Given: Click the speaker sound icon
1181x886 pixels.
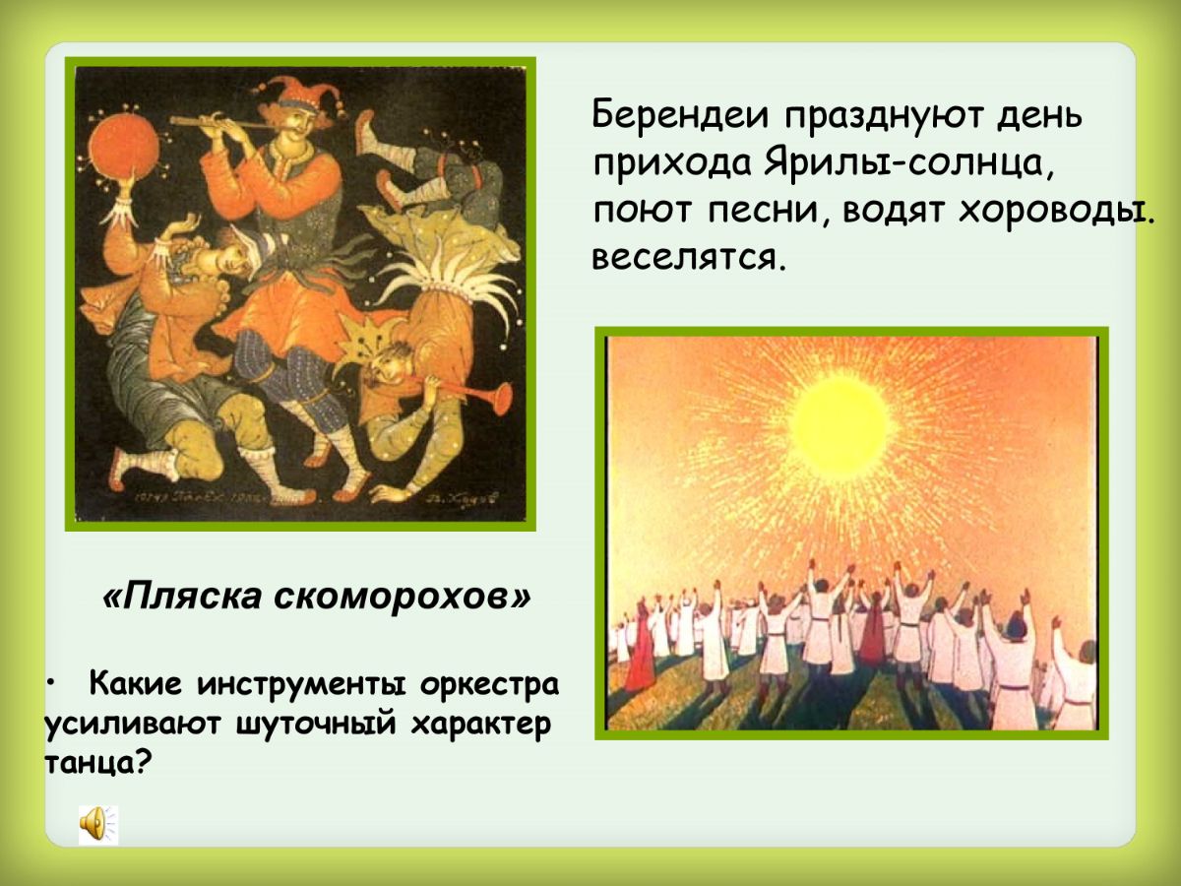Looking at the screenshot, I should pyautogui.click(x=97, y=824).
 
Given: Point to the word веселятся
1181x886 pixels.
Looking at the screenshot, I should pyautogui.click(x=688, y=259).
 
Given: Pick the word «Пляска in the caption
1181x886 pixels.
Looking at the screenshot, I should pyautogui.click(x=182, y=598).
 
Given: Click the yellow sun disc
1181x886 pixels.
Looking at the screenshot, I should pyautogui.click(x=840, y=426).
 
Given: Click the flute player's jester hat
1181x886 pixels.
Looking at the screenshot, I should pyautogui.click(x=300, y=92).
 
